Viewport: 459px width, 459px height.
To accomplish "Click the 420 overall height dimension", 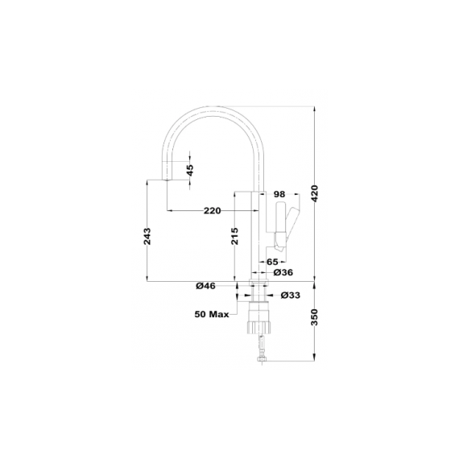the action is coord(315,193).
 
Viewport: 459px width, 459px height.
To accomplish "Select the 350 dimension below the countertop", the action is coord(315,317).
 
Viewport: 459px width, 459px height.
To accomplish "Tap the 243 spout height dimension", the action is coord(147,236).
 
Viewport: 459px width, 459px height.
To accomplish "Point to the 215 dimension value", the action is coord(235,236).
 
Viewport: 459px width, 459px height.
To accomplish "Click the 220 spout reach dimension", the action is coord(213,210).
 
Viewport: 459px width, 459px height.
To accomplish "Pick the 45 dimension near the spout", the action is coord(190,170).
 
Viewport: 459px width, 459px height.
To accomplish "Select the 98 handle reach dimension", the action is coord(279,194).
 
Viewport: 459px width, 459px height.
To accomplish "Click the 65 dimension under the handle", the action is coord(272,262).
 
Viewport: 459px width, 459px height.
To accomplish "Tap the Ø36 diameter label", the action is coord(283,272).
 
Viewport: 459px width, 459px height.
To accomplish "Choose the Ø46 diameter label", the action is coord(205,286).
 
